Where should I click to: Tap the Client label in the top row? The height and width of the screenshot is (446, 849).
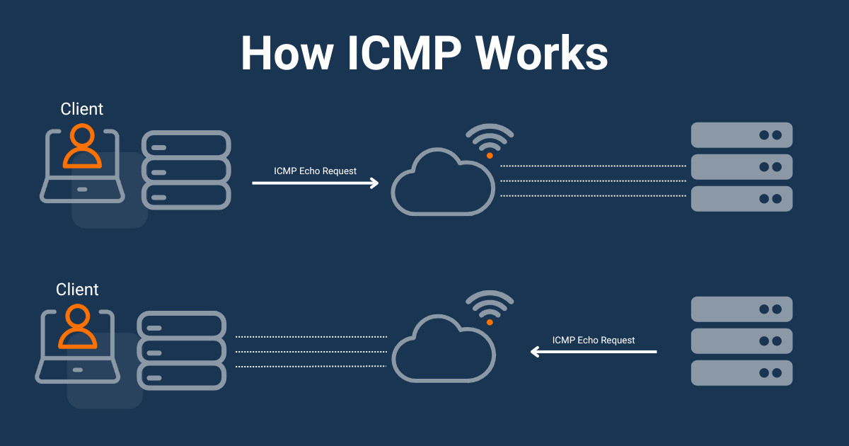(82, 109)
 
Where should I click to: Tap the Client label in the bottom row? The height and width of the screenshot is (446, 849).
(77, 290)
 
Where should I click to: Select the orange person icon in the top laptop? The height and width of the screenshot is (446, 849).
(82, 147)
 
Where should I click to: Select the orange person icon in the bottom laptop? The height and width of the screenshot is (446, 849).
(77, 328)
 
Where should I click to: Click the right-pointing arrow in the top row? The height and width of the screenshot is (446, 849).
(316, 183)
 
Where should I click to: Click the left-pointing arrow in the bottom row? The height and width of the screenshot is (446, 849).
(594, 351)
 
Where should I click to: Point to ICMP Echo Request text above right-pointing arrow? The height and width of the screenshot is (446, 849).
(316, 171)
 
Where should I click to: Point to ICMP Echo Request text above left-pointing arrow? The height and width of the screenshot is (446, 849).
(594, 340)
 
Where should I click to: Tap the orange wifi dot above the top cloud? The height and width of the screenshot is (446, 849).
(489, 154)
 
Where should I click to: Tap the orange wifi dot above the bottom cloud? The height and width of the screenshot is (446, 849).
(489, 322)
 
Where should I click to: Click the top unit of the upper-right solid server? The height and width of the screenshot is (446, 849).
(741, 135)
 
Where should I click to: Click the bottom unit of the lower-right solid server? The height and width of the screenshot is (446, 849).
(741, 373)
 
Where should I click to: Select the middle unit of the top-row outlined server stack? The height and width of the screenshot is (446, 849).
(186, 170)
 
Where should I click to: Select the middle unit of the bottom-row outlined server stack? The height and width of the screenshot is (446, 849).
(182, 350)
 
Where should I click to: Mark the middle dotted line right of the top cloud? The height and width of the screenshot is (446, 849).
(593, 181)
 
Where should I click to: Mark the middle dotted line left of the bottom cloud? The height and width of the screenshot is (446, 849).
(311, 351)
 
